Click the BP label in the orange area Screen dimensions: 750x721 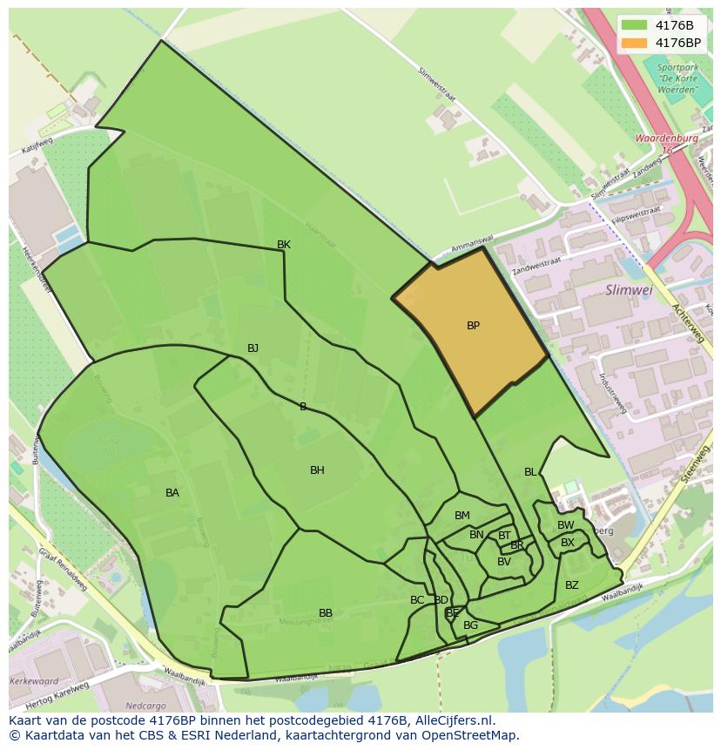(x=473, y=326)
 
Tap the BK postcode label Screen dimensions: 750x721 (x=284, y=245)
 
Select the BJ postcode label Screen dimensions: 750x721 (x=253, y=348)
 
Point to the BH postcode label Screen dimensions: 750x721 (x=317, y=470)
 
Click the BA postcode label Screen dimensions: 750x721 (x=172, y=493)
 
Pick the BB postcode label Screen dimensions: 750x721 (x=326, y=613)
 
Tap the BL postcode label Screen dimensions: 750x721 (x=530, y=472)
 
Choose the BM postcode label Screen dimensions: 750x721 (x=462, y=516)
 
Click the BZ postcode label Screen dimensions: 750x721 (x=572, y=585)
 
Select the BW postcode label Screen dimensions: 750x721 (x=566, y=525)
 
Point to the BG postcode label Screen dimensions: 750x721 (x=471, y=625)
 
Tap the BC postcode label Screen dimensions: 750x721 (x=417, y=600)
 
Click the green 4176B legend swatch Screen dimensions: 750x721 (x=634, y=24)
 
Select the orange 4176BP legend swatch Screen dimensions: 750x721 (x=634, y=43)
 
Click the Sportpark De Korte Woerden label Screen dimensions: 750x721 (x=677, y=78)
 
